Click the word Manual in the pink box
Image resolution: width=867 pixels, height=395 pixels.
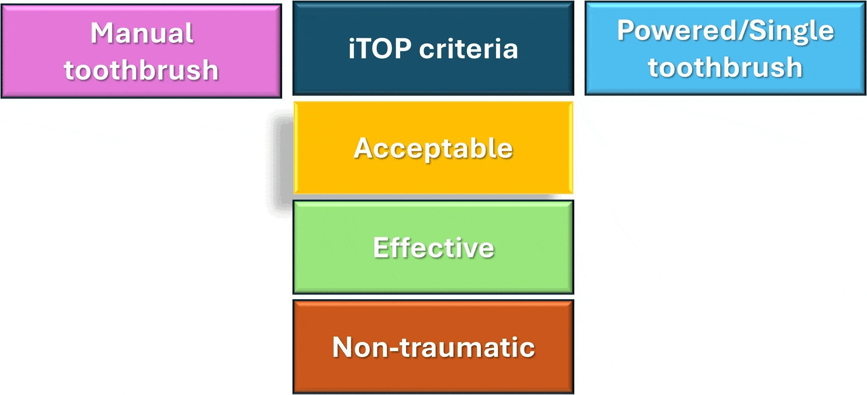[142, 33]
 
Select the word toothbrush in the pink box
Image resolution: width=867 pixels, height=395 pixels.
[141, 70]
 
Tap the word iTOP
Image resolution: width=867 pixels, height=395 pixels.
[380, 48]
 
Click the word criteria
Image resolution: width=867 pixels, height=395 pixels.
[468, 48]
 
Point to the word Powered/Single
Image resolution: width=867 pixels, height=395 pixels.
[726, 31]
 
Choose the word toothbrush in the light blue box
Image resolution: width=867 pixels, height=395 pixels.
[726, 67]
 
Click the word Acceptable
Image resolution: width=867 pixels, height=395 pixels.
[433, 149]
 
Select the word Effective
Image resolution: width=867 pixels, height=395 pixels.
[433, 248]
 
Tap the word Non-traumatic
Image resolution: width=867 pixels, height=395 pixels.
[433, 347]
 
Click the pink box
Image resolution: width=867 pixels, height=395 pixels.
[141, 51]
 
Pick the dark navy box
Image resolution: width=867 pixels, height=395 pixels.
[433, 48]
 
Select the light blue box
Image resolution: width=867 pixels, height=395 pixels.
[726, 48]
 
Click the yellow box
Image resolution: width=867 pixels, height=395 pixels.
[433, 148]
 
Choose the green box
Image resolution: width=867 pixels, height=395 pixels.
[433, 247]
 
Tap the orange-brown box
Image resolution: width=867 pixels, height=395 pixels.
[433, 347]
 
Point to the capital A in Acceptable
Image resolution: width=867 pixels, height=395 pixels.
[365, 148]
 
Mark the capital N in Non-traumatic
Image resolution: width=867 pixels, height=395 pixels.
[343, 347]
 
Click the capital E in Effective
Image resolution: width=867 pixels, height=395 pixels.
[381, 248]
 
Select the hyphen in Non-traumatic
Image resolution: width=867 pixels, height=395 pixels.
[393, 349]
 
